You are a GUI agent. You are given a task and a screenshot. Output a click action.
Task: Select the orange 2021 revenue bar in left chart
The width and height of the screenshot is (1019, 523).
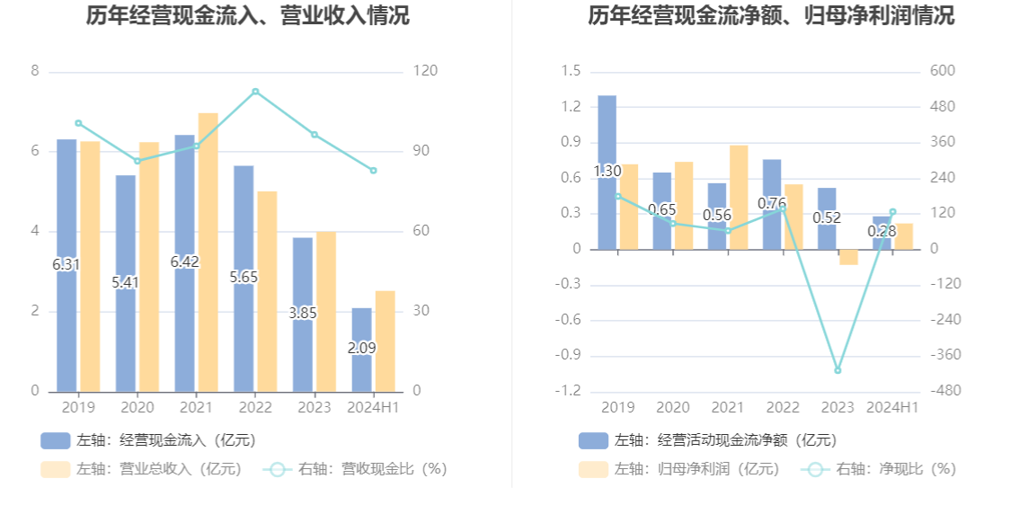coord(208,252)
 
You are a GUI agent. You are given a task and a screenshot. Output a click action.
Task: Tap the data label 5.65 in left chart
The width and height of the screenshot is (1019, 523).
coord(244,277)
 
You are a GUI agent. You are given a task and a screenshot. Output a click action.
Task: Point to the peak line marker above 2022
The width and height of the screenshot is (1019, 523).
coord(255,92)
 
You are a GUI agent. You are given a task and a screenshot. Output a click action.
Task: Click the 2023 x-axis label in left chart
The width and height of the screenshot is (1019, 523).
coord(315,407)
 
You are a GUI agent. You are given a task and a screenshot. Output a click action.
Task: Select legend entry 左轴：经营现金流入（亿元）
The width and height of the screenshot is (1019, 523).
coord(148,440)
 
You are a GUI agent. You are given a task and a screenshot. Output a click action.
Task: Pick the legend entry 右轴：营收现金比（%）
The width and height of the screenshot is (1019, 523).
coord(355,468)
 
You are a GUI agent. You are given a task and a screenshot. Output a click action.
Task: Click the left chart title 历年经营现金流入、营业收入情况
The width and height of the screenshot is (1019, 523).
coord(247,15)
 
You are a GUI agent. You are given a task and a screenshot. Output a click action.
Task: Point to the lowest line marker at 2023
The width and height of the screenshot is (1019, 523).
coord(837,370)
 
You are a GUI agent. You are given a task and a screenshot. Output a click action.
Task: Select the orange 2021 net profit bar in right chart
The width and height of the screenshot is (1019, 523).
coord(739,197)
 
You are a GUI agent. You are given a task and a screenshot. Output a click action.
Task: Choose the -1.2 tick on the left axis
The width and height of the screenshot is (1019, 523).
coord(568,391)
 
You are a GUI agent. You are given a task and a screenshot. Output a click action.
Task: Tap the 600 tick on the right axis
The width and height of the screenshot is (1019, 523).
coord(943,71)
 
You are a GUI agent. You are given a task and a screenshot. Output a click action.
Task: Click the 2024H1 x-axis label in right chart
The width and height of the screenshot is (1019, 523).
coord(892,407)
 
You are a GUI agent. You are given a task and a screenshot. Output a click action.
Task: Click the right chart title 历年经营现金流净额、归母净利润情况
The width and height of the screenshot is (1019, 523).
coord(771,15)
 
